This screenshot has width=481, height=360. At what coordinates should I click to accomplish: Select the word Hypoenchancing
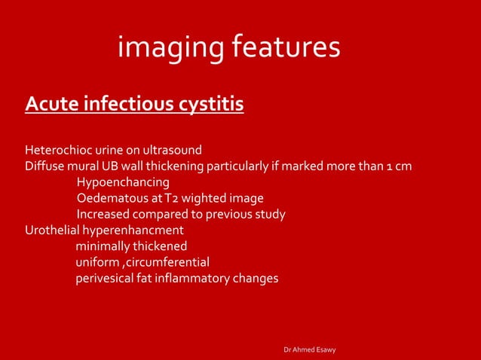pos(123,182)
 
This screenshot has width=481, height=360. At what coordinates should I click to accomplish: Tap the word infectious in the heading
pos(129,102)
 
